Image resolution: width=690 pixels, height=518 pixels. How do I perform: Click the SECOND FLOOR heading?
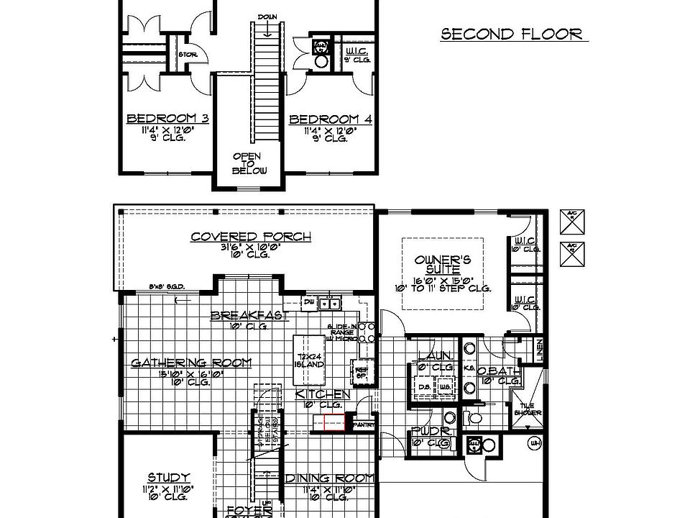(511, 35)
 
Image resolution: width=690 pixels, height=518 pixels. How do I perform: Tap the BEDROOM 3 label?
(167, 119)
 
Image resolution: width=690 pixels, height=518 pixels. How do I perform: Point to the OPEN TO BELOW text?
(249, 163)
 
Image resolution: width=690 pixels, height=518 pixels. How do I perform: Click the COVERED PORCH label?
(251, 237)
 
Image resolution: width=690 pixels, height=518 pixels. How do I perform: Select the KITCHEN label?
(323, 394)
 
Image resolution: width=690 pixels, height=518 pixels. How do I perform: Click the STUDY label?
(169, 477)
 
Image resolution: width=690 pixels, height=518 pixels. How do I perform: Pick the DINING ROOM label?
(330, 478)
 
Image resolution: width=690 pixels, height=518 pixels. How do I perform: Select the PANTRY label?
(364, 424)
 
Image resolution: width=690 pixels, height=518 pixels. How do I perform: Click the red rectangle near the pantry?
(334, 423)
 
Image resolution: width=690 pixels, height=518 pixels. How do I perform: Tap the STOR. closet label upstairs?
(188, 54)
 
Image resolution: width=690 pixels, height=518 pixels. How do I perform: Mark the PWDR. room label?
(431, 431)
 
